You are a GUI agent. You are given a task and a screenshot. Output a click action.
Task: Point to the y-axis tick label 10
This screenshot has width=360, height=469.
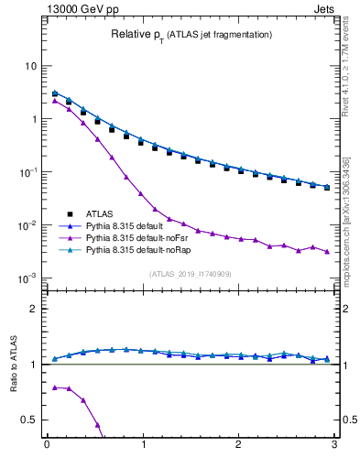coord(30,66)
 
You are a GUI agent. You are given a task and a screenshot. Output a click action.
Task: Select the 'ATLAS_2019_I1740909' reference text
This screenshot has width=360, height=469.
coord(191,274)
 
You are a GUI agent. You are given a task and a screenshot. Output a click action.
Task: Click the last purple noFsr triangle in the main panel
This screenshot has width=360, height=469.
coord(327,251)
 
